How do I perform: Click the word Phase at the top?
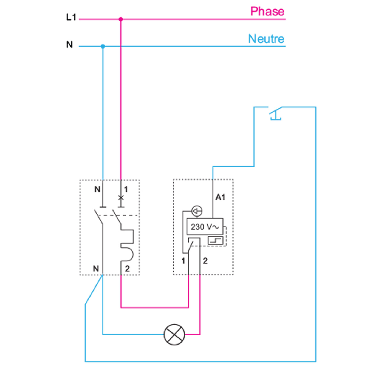267,12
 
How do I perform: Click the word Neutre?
266,39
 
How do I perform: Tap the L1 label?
71,17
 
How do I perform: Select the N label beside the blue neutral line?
69,44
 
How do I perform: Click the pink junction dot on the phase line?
121,19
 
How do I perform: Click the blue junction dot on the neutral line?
103,46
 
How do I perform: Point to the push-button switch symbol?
275,113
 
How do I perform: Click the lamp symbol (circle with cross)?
174,334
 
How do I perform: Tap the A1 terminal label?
220,197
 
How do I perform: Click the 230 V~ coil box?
205,227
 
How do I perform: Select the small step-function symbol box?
215,240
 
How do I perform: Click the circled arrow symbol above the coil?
197,211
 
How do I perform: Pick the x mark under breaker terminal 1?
121,198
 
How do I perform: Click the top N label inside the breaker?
97,189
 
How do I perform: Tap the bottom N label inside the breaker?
96,268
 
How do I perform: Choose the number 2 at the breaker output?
127,268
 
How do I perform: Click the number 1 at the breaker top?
126,189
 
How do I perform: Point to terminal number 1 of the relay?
183,261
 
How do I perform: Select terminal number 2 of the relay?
205,261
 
